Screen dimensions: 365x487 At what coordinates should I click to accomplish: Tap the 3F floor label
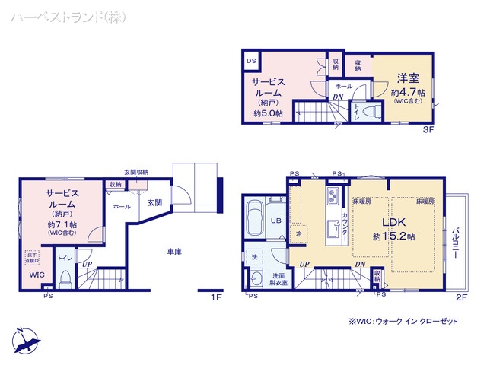pyautogui.click(x=429, y=130)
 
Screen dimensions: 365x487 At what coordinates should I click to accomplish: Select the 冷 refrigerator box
pyautogui.click(x=299, y=234)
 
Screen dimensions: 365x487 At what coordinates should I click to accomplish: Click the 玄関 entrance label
pyautogui.click(x=154, y=202)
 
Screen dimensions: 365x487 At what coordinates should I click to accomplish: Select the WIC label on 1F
pyautogui.click(x=37, y=275)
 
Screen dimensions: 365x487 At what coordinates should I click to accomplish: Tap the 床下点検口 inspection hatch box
pyautogui.click(x=32, y=257)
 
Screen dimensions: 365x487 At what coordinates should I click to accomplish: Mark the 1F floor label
pyautogui.click(x=216, y=297)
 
